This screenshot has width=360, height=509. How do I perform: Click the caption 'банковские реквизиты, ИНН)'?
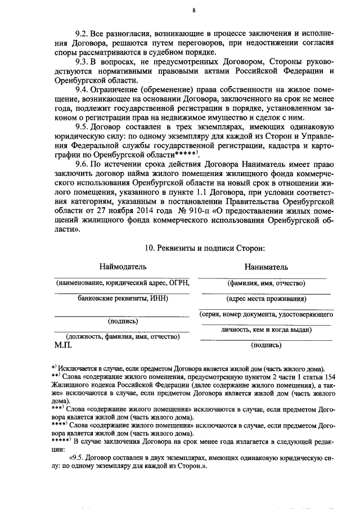(x=123, y=299)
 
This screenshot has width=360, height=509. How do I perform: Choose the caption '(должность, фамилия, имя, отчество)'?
(x=123, y=337)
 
